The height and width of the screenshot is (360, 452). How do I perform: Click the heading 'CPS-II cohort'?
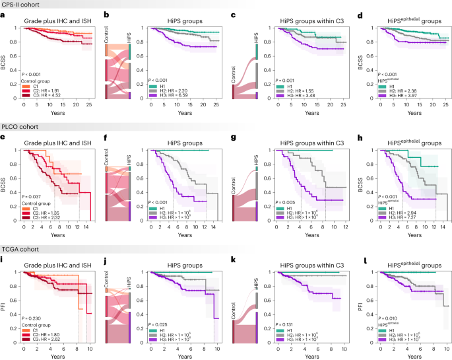coord(22,5)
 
